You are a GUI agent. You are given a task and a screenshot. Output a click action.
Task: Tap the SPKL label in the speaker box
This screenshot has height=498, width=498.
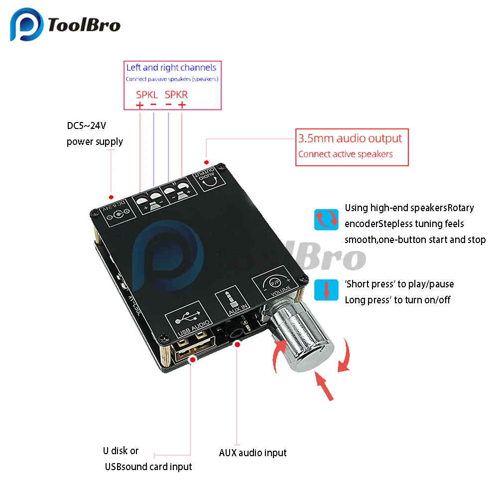[x=146, y=94]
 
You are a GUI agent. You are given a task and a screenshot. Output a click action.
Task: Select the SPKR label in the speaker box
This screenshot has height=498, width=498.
[x=176, y=94]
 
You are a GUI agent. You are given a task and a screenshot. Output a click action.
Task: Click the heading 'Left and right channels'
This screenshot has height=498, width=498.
[x=171, y=68]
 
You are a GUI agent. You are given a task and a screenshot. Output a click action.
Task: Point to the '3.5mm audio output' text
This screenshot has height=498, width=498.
[x=350, y=138]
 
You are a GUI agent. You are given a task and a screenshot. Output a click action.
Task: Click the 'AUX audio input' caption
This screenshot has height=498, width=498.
[x=252, y=453]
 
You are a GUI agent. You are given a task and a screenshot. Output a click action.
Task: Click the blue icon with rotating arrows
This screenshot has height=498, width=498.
[x=326, y=220]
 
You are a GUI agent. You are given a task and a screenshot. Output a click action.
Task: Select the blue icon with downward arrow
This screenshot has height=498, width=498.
[x=326, y=289]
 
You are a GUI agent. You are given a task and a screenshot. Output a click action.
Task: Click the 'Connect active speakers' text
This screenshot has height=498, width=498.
[x=345, y=154]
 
